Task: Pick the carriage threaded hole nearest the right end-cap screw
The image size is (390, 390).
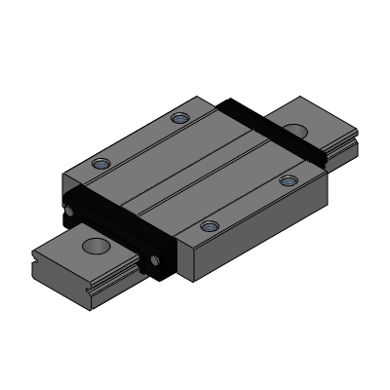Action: click(x=208, y=227)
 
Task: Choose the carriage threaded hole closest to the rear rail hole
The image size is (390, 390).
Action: click(x=287, y=180)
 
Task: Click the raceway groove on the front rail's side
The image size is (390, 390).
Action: click(x=107, y=290)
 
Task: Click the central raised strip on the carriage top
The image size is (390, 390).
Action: click(x=195, y=171)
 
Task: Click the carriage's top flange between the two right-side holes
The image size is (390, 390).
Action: click(x=248, y=204)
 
